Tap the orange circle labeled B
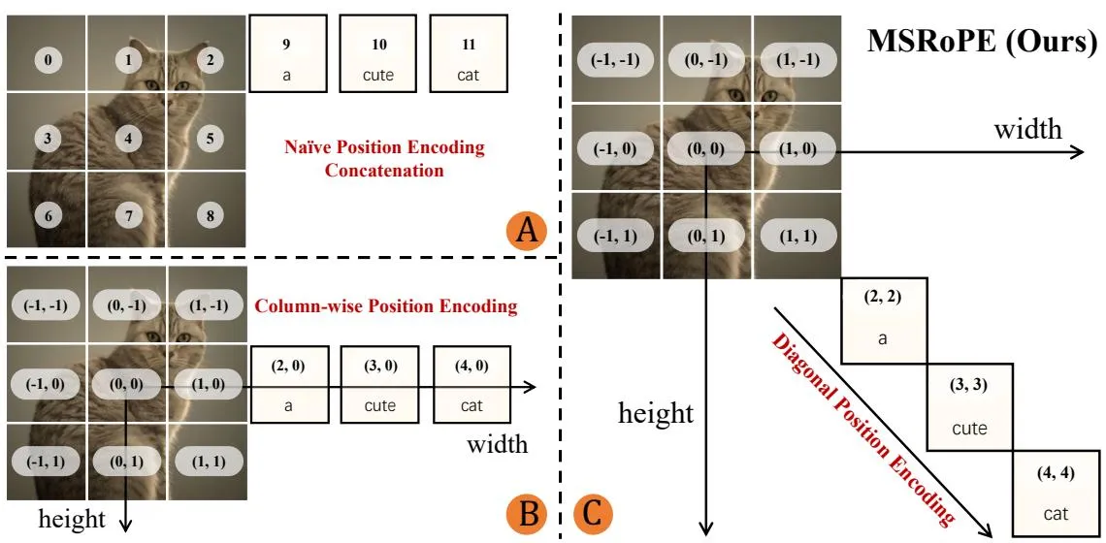point(527,514)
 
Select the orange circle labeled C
point(594,514)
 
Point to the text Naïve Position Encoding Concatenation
point(384,159)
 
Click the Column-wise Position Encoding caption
point(386,306)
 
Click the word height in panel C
point(656,413)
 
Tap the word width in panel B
point(497,444)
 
